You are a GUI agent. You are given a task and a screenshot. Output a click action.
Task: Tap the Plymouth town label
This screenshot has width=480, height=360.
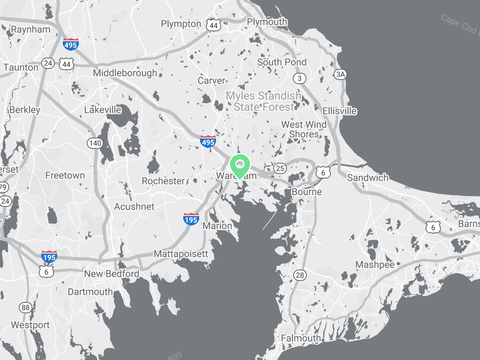tap(267, 22)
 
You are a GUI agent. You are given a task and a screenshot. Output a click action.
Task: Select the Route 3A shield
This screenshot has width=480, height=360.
tap(340, 74)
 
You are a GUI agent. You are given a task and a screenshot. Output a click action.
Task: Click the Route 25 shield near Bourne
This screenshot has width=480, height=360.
tap(280, 168)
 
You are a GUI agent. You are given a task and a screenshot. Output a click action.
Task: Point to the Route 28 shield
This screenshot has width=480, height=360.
tap(300, 275)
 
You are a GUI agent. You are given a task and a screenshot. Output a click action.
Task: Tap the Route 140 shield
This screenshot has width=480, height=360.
tap(96, 143)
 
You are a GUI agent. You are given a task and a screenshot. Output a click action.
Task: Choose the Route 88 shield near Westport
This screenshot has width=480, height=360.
tap(26, 308)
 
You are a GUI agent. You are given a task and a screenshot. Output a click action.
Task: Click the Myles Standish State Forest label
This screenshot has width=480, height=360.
tap(264, 101)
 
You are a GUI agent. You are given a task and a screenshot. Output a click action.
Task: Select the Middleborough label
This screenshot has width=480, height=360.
tap(125, 73)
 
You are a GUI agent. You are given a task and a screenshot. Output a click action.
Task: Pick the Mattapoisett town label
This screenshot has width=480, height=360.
tap(181, 254)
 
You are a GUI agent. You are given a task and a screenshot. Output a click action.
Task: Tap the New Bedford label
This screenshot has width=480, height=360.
tap(112, 274)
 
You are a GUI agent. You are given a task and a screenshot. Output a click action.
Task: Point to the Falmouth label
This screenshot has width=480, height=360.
tap(301, 338)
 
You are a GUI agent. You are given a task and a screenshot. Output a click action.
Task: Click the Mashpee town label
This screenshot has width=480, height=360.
tap(375, 265)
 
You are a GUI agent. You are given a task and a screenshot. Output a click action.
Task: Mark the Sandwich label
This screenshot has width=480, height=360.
tap(368, 178)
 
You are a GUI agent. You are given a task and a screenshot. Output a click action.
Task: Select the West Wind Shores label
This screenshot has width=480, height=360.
tap(304, 129)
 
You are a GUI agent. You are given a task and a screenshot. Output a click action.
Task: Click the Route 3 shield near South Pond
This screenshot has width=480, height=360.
tap(300, 78)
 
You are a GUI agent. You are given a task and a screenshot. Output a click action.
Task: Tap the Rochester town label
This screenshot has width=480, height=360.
tap(163, 181)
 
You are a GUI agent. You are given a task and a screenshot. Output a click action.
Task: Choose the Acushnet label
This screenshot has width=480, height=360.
tap(134, 206)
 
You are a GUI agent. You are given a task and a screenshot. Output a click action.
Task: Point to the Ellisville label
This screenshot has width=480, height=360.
tap(340, 111)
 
